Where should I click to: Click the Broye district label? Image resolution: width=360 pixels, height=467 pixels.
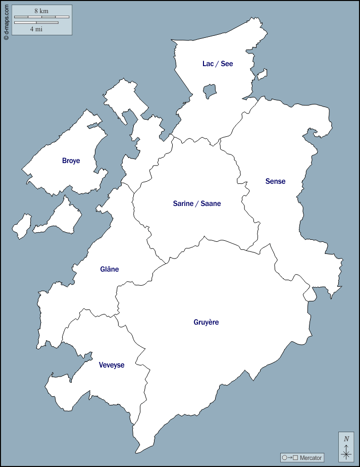[71, 161]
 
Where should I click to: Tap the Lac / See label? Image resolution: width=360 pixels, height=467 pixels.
[218, 64]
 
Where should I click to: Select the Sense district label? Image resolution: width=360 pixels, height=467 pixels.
[275, 181]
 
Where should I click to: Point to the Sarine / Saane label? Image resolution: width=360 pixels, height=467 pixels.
[197, 203]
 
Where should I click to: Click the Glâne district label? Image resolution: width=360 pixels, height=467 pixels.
[110, 269]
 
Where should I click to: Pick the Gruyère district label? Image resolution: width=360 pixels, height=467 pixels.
[206, 322]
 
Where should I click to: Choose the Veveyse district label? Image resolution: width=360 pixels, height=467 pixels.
[112, 365]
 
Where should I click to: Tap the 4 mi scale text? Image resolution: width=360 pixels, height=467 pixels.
[36, 29]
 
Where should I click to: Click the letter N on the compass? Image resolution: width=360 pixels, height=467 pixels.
[346, 439]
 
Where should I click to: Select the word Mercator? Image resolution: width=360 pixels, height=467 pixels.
[311, 458]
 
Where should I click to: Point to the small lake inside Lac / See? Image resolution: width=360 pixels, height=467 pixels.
[210, 91]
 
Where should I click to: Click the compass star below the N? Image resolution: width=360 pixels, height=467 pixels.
[346, 454]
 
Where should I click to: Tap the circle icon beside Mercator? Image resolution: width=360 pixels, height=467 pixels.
[285, 458]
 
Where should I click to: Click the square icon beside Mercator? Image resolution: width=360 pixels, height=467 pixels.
[295, 458]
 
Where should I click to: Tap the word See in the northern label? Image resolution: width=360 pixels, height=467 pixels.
[227, 64]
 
